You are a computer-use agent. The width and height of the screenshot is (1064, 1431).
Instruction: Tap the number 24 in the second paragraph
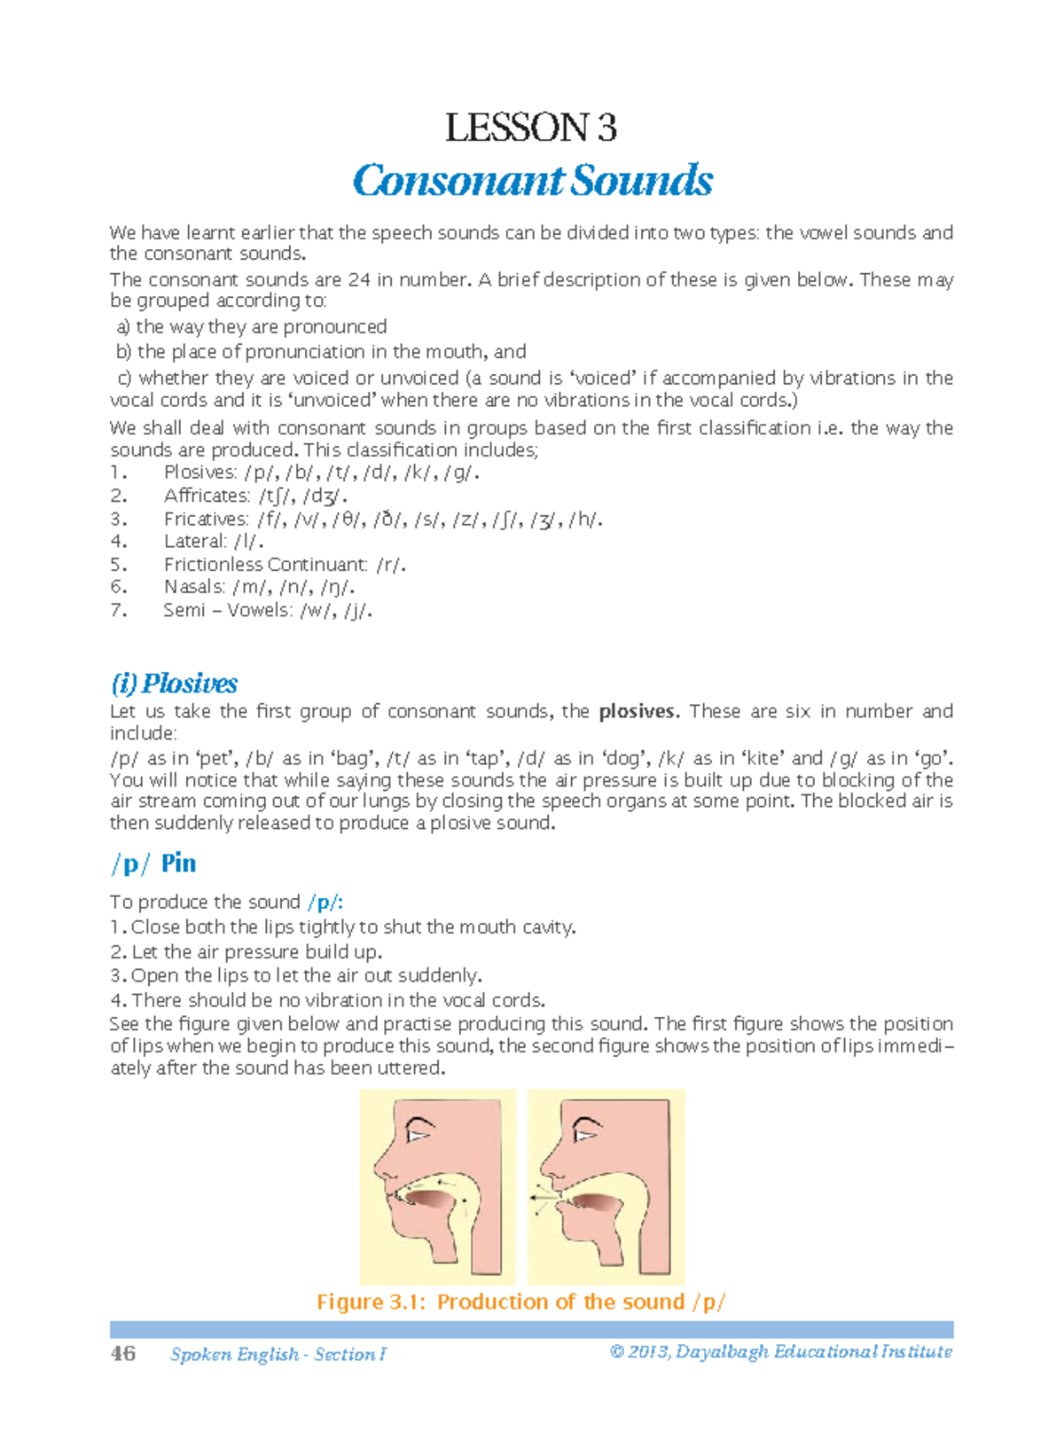[x=359, y=280]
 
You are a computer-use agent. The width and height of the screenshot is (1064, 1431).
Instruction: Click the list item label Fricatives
[x=206, y=519]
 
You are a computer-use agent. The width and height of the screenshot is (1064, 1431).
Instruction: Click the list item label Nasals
[x=194, y=586]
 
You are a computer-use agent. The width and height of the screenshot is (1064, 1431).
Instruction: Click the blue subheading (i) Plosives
[x=174, y=684]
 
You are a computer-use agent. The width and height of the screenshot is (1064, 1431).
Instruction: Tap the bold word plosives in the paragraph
[x=638, y=711]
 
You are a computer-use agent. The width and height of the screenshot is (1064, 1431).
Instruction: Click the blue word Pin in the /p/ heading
[x=178, y=863]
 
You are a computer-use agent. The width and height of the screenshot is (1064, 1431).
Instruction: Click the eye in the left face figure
[x=417, y=1132]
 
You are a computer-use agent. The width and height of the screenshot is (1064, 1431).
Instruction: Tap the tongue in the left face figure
[x=430, y=1199]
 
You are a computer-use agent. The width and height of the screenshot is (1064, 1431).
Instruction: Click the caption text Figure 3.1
[x=372, y=1302]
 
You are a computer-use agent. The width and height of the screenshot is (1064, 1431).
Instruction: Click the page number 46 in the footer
[x=123, y=1353]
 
